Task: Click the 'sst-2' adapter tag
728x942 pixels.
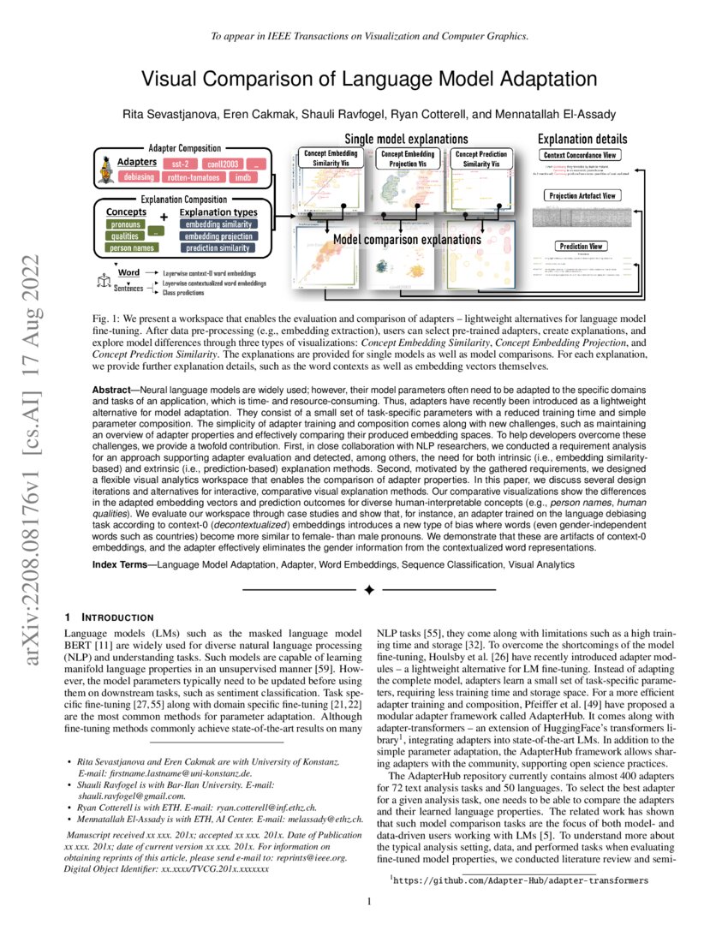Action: point(181,163)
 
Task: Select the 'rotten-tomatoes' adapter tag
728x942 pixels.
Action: point(194,178)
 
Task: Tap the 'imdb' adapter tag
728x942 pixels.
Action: point(243,178)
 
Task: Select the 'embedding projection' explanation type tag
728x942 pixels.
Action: point(218,236)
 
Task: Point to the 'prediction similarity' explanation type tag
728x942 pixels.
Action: point(218,248)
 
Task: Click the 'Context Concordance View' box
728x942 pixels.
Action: point(582,155)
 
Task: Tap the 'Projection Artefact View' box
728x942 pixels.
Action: point(582,196)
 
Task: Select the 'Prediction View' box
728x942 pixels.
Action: point(582,246)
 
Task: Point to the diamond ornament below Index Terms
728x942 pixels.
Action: point(369,590)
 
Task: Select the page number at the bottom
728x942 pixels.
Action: point(368,901)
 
